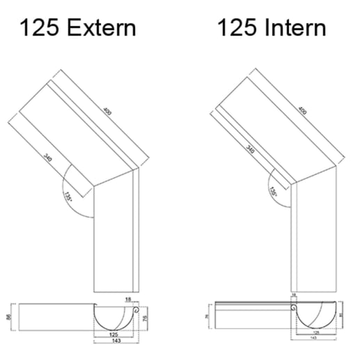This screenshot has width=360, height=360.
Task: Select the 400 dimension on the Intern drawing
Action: (304, 109)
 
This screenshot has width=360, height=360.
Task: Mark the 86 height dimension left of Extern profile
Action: (8, 316)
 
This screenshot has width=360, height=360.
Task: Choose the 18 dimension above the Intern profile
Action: (294, 296)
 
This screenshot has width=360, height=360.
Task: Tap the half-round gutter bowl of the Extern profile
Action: (115, 320)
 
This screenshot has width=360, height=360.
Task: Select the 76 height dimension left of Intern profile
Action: (207, 317)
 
